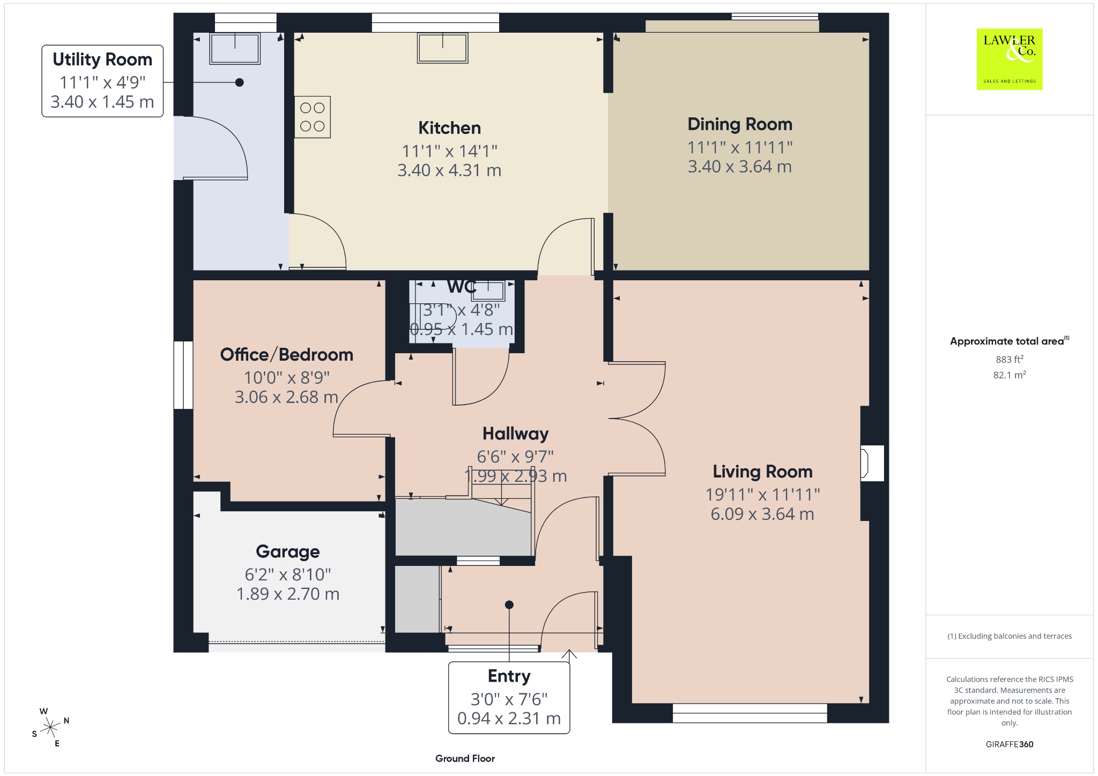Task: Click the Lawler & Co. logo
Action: pos(1010,59)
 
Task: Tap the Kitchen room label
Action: pos(449,128)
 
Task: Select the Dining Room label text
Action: pos(740,124)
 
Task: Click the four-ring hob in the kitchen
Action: pos(313,117)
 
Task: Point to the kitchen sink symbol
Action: pos(442,48)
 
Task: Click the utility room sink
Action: pos(235,48)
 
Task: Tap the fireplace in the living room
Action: pos(872,463)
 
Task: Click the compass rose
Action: pos(50,727)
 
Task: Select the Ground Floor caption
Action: pos(465,758)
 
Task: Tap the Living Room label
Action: pos(762,472)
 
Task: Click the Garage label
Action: pos(288,551)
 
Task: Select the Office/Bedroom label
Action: pos(287,355)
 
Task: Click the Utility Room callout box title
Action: pos(102,59)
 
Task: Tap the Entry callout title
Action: pos(509,676)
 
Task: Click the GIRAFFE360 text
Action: pos(1010,744)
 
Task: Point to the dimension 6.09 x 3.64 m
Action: pos(762,514)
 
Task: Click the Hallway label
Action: pos(516,434)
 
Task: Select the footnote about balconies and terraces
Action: pos(1010,636)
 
